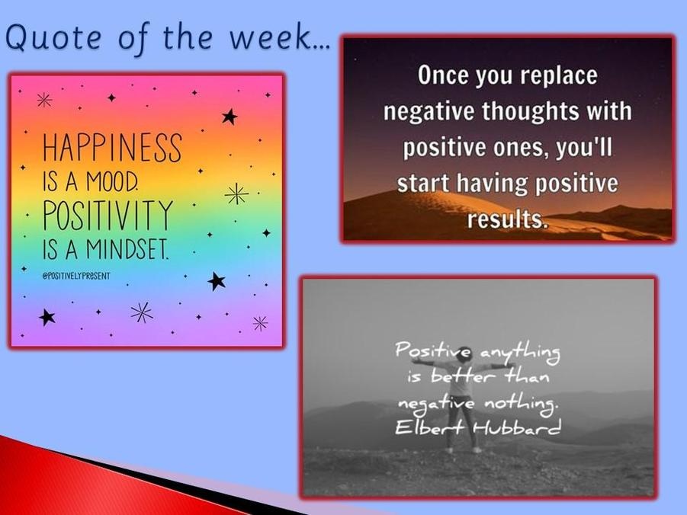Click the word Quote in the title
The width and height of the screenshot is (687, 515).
[54, 37]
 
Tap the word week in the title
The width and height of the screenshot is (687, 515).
[270, 37]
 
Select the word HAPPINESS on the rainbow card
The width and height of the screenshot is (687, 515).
[112, 148]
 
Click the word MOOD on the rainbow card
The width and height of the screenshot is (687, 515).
[112, 181]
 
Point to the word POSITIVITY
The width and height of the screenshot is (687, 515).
[108, 215]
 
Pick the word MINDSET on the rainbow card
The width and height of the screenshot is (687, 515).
[127, 249]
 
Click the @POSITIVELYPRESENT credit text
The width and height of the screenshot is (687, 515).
[75, 276]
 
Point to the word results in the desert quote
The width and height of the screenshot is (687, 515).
[507, 219]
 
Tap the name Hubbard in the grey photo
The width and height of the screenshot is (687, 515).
[517, 426]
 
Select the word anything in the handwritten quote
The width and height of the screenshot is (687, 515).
[520, 353]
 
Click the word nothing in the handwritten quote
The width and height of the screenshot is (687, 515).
[522, 403]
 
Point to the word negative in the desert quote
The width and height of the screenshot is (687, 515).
[429, 111]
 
